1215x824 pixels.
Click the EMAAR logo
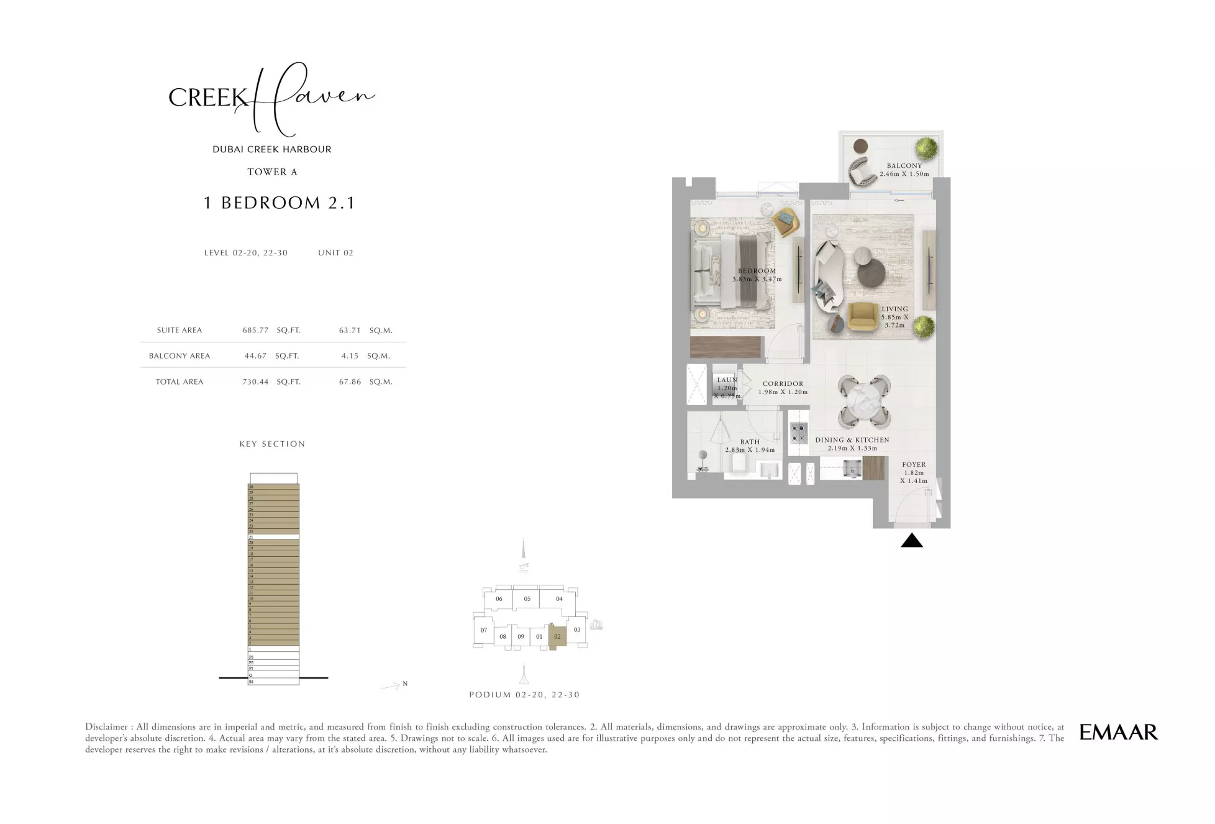point(1118,732)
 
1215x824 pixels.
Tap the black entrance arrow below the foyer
point(911,541)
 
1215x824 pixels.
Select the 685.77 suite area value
point(255,331)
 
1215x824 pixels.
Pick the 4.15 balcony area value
point(350,356)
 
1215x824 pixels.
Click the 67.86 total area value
point(350,382)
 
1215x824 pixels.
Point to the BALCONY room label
point(904,166)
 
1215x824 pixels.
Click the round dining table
point(863,401)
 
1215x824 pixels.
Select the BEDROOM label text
point(757,271)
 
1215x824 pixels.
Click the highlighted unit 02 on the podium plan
point(557,636)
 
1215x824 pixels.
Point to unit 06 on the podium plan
point(499,599)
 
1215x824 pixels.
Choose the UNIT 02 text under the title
point(335,253)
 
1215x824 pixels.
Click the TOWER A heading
point(272,172)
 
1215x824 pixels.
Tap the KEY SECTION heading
point(272,444)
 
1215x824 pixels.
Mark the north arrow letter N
point(405,684)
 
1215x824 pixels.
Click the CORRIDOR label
point(783,384)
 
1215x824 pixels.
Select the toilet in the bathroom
point(739,465)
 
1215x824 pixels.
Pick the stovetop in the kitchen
point(798,431)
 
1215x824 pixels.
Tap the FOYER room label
point(914,465)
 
